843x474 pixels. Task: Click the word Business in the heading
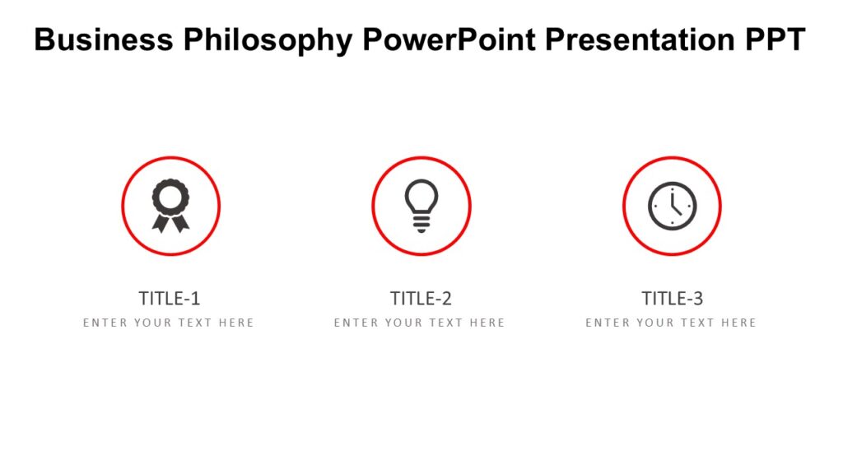coord(105,39)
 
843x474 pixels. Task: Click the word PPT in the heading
coord(773,39)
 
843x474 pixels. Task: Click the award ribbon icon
coord(170,206)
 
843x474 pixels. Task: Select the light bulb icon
coord(421,206)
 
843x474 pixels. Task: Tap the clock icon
coord(672,206)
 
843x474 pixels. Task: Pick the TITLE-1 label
coord(170,298)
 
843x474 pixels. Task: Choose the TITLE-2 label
coord(421,298)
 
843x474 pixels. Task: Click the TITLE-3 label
coord(672,298)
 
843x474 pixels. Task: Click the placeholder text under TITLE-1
coord(169,323)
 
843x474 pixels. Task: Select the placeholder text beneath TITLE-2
coord(420,323)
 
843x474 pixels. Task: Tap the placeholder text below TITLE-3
coord(671,323)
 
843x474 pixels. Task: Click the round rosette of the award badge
coord(170,197)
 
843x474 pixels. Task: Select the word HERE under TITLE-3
coord(738,323)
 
